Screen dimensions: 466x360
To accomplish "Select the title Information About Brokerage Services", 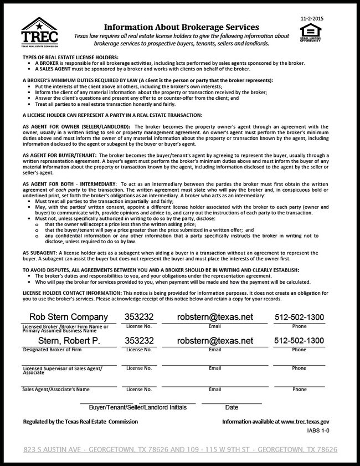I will tap(182, 27).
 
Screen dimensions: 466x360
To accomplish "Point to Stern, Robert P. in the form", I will tap(61, 341).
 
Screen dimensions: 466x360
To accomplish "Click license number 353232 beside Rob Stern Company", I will tap(140, 317).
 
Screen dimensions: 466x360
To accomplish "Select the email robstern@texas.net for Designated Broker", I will tap(215, 341).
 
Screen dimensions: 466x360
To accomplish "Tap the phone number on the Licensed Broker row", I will tap(299, 317).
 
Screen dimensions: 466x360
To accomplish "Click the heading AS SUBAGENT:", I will tap(42, 252).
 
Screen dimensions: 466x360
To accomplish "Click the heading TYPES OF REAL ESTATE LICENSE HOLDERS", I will tap(70, 57).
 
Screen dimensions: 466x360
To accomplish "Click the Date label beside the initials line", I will tap(232, 407).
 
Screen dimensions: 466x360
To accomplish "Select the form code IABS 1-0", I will tap(318, 429).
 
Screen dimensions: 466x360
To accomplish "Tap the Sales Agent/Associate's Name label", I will tap(55, 389).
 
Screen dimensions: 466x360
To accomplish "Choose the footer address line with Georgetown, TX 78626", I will tap(180, 449).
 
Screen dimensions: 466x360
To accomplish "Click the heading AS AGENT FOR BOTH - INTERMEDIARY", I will tap(69, 182).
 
